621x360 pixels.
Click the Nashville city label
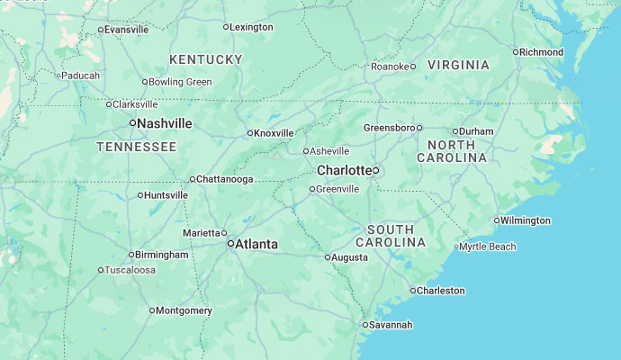click(x=165, y=123)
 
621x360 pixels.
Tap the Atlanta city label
click(x=256, y=244)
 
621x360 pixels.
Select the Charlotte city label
click(x=344, y=170)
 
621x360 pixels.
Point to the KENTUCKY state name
click(x=206, y=59)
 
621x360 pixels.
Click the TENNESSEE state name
click(x=137, y=147)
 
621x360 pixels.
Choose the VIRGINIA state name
click(x=458, y=65)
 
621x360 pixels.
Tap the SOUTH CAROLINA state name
click(x=391, y=236)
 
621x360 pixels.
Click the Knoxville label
click(x=274, y=133)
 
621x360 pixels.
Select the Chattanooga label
click(x=224, y=179)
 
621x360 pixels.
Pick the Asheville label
click(x=329, y=151)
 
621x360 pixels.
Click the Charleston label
click(x=441, y=291)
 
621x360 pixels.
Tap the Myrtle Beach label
click(x=489, y=247)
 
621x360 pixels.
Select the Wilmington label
click(x=526, y=220)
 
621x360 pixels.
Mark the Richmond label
click(x=542, y=52)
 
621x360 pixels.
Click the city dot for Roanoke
click(x=413, y=66)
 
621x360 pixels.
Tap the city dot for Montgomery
click(x=152, y=310)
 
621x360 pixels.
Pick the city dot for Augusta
click(x=328, y=257)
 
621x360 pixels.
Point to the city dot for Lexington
click(x=226, y=27)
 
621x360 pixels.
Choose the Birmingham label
click(x=163, y=255)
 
